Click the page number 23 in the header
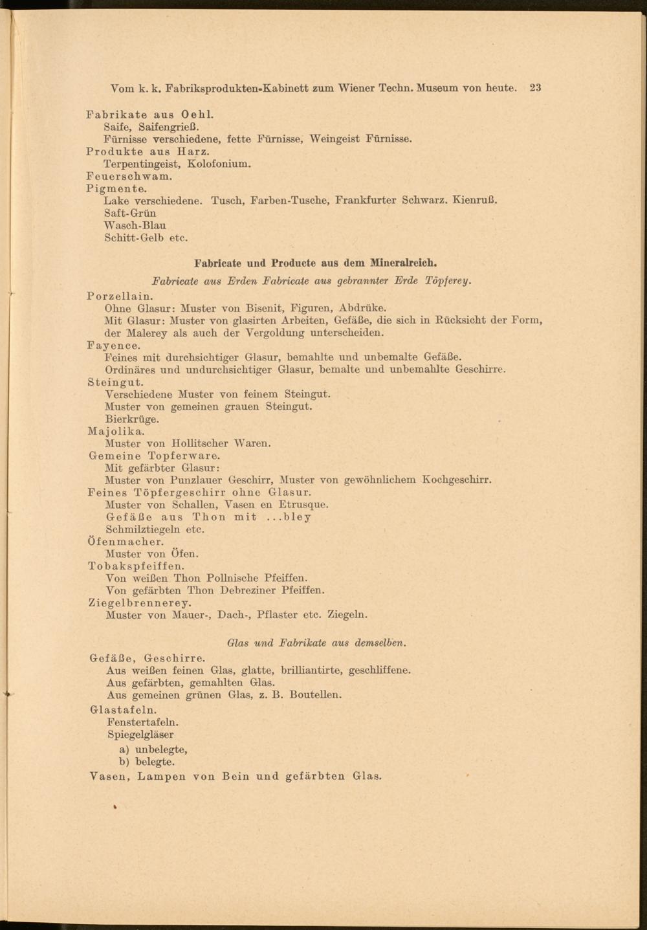pos(534,88)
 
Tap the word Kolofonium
pos(219,164)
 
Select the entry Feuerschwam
pos(129,176)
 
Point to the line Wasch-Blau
pos(135,225)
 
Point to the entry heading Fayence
pos(113,346)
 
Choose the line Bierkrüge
pos(132,419)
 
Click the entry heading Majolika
pos(116,431)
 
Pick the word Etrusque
pos(303,504)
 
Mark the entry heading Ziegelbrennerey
pos(140,603)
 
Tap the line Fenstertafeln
pos(143,722)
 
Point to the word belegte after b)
pos(155,762)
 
